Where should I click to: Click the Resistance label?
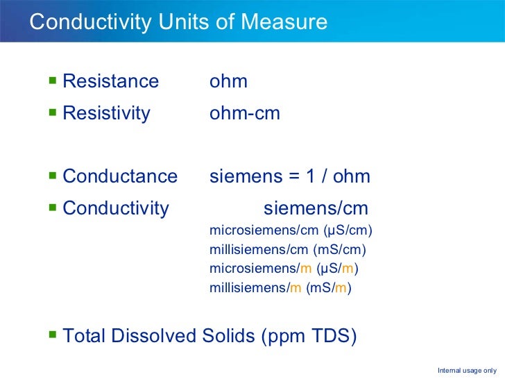point(110,81)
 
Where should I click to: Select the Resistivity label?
point(106,113)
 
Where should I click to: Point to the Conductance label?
point(120,176)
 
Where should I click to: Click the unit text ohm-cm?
point(244,113)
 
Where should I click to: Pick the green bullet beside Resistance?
point(53,81)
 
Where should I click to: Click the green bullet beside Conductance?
point(53,176)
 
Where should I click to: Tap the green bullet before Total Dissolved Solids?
point(53,337)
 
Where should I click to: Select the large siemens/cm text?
point(316,208)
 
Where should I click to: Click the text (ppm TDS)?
point(309,337)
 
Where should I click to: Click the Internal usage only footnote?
point(466,370)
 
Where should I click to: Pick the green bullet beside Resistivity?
point(53,113)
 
